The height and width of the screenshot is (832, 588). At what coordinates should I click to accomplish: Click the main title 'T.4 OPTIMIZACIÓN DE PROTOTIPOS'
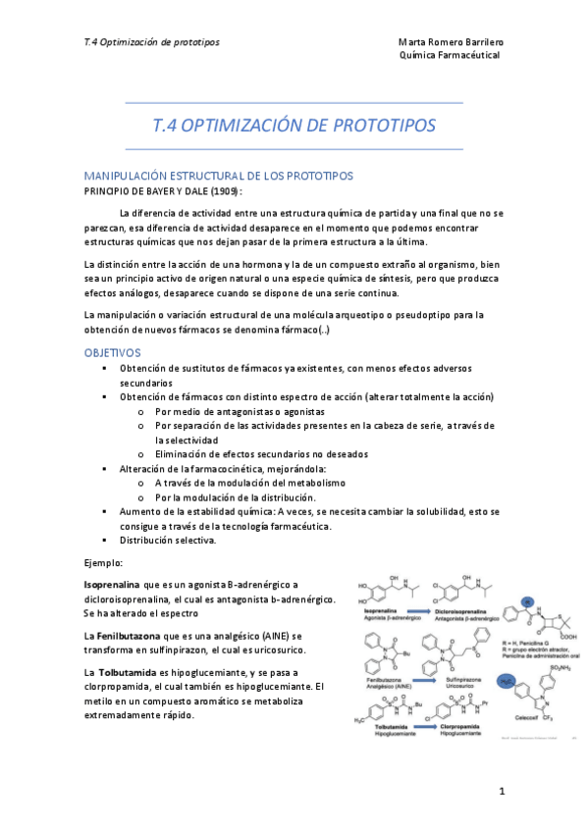pyautogui.click(x=294, y=126)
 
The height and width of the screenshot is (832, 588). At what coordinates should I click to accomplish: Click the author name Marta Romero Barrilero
pyautogui.click(x=451, y=43)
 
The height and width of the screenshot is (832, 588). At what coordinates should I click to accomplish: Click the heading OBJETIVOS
pyautogui.click(x=113, y=352)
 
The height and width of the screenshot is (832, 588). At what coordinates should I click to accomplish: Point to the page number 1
pyautogui.click(x=501, y=790)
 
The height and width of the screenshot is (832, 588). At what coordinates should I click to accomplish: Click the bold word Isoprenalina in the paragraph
pyautogui.click(x=113, y=585)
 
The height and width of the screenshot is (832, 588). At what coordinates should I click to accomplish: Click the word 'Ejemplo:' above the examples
pyautogui.click(x=104, y=562)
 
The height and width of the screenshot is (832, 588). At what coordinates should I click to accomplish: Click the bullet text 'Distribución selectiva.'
pyautogui.click(x=168, y=541)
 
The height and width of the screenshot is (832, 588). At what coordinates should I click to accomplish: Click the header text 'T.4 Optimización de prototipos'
pyautogui.click(x=152, y=43)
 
